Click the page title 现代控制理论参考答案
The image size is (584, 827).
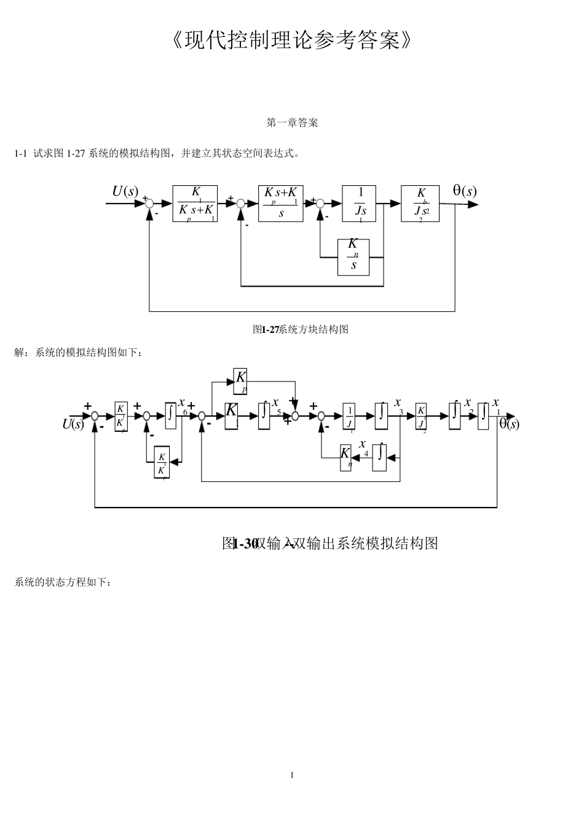(292, 41)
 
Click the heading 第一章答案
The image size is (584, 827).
(292, 123)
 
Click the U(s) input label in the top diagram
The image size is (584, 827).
(125, 191)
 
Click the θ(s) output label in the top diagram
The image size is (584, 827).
(465, 191)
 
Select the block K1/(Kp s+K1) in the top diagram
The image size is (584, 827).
(195, 203)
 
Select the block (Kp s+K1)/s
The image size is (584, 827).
(280, 203)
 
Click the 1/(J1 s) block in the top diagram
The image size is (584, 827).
(359, 203)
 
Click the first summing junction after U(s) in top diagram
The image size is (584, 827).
(149, 204)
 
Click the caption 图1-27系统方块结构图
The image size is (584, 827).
(301, 330)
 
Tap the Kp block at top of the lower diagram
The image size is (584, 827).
(240, 381)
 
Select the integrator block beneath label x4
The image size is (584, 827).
(379, 457)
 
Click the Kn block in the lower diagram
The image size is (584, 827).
(345, 457)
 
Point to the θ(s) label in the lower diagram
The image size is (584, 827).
(508, 424)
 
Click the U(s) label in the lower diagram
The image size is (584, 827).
(73, 424)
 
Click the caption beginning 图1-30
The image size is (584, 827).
(329, 543)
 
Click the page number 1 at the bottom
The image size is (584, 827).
(292, 775)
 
